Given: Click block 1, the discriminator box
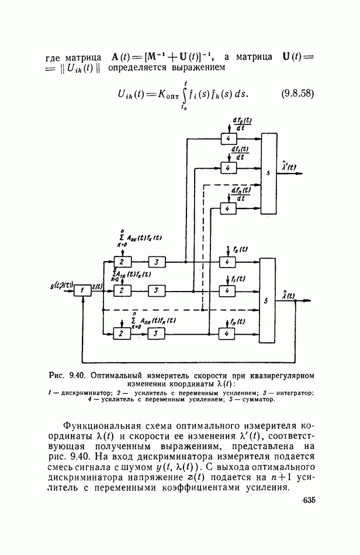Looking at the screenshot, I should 84,290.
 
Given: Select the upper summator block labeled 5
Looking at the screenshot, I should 268,174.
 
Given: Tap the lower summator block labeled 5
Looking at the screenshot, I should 268,300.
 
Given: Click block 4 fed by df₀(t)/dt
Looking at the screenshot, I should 227,138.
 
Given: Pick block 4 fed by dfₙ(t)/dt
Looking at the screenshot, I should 227,207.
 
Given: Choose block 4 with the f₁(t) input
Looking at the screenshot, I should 227,290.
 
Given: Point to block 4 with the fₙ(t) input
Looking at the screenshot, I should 227,333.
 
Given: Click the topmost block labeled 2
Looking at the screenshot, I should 121,261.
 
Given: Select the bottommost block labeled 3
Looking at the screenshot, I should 156,333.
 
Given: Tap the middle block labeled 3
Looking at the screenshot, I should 156,290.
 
